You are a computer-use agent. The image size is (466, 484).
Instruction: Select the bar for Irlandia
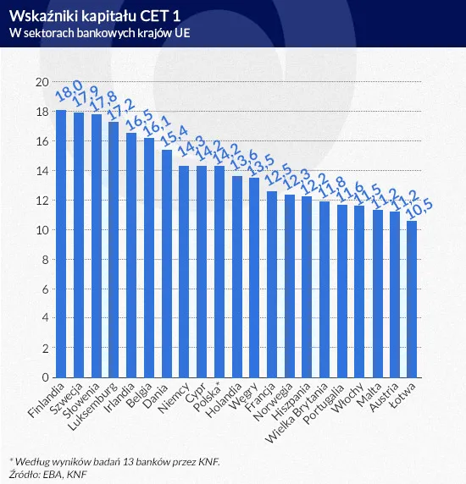131,255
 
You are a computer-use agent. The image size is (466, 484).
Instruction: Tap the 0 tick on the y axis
44,378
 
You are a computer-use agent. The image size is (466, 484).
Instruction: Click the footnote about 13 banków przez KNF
119,461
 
